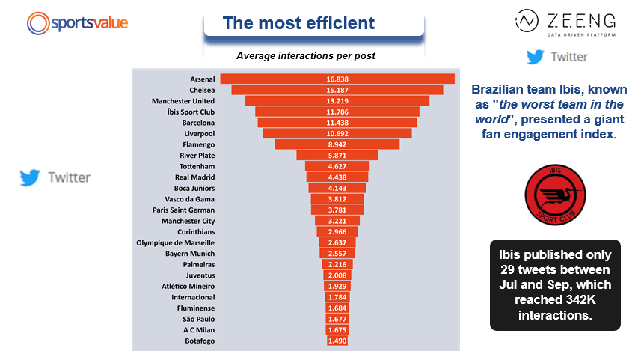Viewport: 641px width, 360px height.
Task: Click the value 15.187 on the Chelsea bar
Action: coord(337,90)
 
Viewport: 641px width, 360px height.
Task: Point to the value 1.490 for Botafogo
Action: coord(337,341)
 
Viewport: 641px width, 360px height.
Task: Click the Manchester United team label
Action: coord(183,100)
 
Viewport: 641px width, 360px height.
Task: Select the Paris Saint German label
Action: coord(183,210)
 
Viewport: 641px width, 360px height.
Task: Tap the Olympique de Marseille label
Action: coord(175,242)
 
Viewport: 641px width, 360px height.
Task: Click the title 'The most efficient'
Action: coord(298,23)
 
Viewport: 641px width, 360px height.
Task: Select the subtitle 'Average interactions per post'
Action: coord(305,55)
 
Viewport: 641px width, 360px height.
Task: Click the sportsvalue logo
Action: coord(77,22)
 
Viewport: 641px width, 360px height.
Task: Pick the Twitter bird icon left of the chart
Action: coord(30,177)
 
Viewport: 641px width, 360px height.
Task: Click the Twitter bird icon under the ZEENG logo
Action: coord(535,57)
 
